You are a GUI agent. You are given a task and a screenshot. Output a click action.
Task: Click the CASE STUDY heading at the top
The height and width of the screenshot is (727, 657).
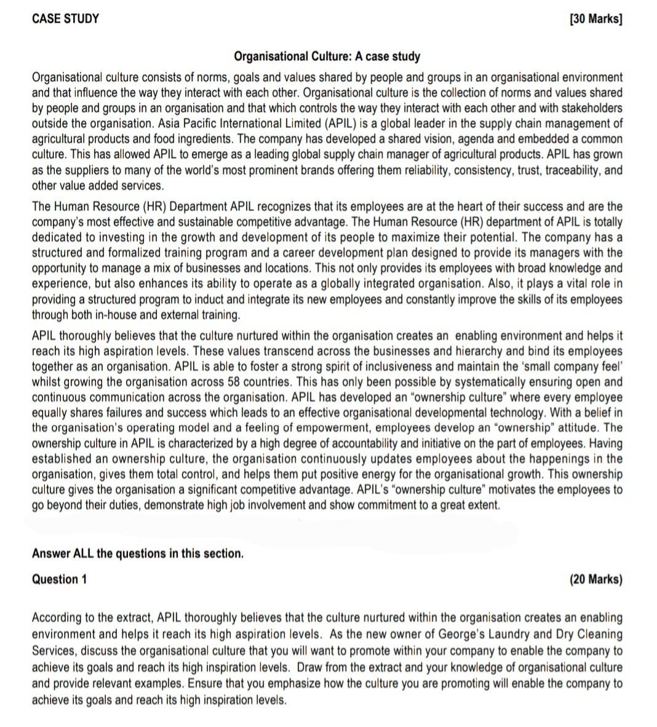(65, 18)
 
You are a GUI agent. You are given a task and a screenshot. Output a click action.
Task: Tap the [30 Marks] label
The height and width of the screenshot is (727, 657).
(596, 18)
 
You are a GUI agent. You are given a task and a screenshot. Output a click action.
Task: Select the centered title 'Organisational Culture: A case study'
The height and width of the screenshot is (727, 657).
(327, 57)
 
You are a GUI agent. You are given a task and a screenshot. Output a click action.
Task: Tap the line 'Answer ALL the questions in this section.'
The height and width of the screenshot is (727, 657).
(138, 554)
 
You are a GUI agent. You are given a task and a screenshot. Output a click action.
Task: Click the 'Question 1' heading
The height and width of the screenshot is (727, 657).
(59, 579)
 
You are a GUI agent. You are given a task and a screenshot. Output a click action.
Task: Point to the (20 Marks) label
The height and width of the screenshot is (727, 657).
(595, 579)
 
